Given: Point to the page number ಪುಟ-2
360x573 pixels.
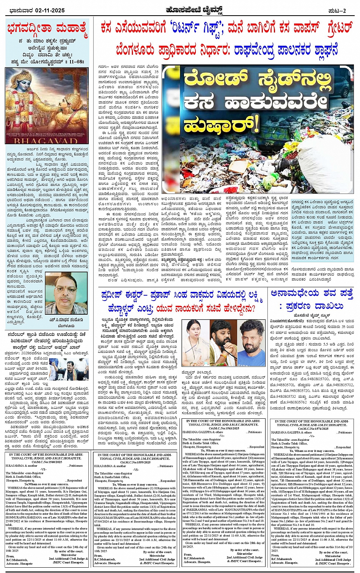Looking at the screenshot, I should (x=337, y=11).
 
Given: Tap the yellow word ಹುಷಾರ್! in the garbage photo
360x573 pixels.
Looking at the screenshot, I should (x=216, y=124).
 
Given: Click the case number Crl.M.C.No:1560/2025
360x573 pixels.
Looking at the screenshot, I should (x=48, y=461).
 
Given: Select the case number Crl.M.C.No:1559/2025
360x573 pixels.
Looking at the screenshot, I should (x=135, y=462).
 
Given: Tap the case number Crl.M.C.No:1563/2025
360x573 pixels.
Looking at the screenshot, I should (x=224, y=429).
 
